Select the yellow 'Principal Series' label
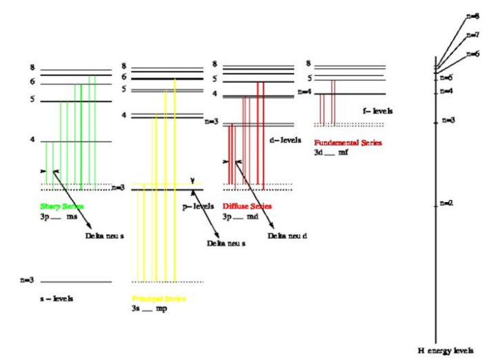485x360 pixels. coord(159,299)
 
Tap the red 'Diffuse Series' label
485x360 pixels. coord(247,206)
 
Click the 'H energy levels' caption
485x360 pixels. coord(446,350)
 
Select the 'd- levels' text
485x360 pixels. coord(282,140)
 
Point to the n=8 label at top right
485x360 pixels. coord(473,15)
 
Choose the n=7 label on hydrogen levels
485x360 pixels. coord(473,34)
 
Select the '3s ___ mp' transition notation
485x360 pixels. coord(149,308)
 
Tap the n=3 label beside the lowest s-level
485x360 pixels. coord(27,281)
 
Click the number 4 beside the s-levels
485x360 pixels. coord(32,140)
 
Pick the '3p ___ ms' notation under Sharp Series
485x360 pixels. coord(59,216)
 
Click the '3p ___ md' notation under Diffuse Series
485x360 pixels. coord(242,216)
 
